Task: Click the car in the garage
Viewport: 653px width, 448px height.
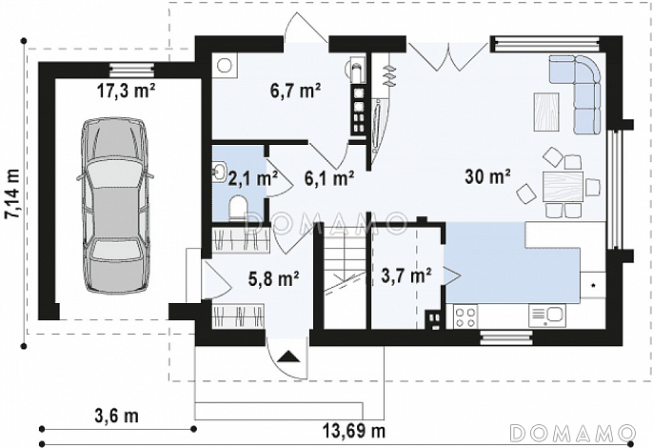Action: click(x=115, y=205)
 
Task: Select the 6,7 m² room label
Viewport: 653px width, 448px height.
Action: click(x=295, y=91)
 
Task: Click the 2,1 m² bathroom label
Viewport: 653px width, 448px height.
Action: click(x=253, y=178)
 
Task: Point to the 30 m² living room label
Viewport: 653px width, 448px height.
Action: click(x=487, y=177)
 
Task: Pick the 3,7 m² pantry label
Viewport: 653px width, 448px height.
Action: click(x=406, y=275)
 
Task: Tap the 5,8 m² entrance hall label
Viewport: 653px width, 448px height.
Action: click(x=274, y=278)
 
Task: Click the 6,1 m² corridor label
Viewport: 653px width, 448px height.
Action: click(x=329, y=178)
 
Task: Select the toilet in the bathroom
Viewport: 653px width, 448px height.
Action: click(x=238, y=208)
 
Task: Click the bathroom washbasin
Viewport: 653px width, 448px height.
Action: click(x=219, y=172)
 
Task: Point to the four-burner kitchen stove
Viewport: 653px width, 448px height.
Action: click(x=465, y=316)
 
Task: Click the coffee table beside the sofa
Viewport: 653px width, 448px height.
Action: click(x=546, y=112)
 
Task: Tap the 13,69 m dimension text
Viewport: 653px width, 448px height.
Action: click(x=353, y=430)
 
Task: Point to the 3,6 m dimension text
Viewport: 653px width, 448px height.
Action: click(x=117, y=416)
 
